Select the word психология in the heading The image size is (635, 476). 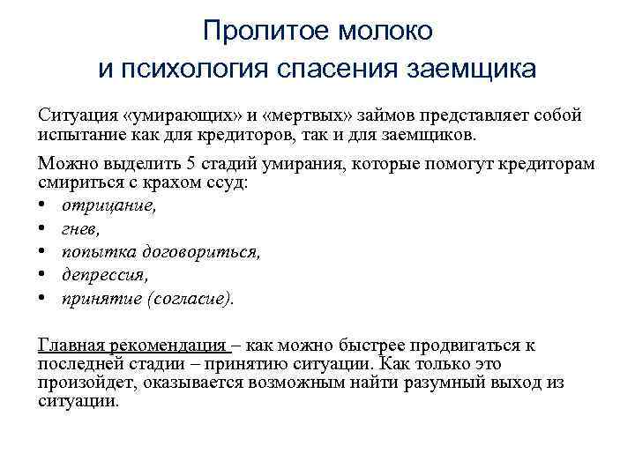pyautogui.click(x=210, y=68)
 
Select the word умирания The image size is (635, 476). pyautogui.click(x=283, y=165)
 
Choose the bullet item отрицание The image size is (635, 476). pyautogui.click(x=108, y=206)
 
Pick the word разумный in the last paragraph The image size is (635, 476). pyautogui.click(x=431, y=383)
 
